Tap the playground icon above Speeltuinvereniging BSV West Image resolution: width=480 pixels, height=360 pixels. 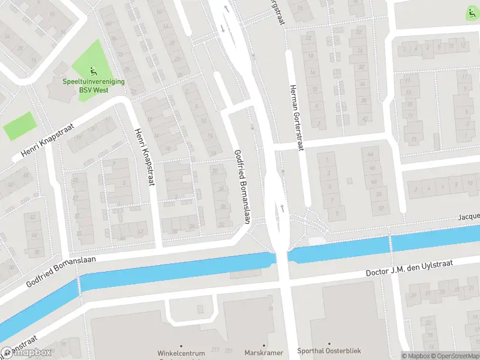pyautogui.click(x=91, y=70)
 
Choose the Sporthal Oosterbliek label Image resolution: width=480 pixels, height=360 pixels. pyautogui.click(x=329, y=350)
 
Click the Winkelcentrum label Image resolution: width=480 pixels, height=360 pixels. pyautogui.click(x=181, y=353)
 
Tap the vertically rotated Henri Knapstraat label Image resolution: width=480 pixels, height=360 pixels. pyautogui.click(x=145, y=157)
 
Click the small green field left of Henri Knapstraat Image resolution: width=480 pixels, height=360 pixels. pyautogui.click(x=20, y=126)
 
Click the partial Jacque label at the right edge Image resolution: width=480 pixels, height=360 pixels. pyautogui.click(x=469, y=216)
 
